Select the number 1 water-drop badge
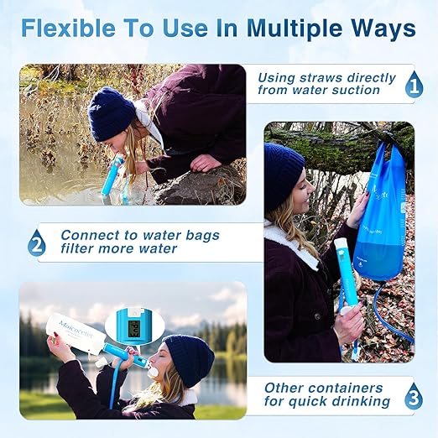(x=413, y=85)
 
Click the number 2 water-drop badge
(x=36, y=244)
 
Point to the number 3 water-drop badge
(x=413, y=396)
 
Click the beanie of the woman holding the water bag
(x=283, y=173)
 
